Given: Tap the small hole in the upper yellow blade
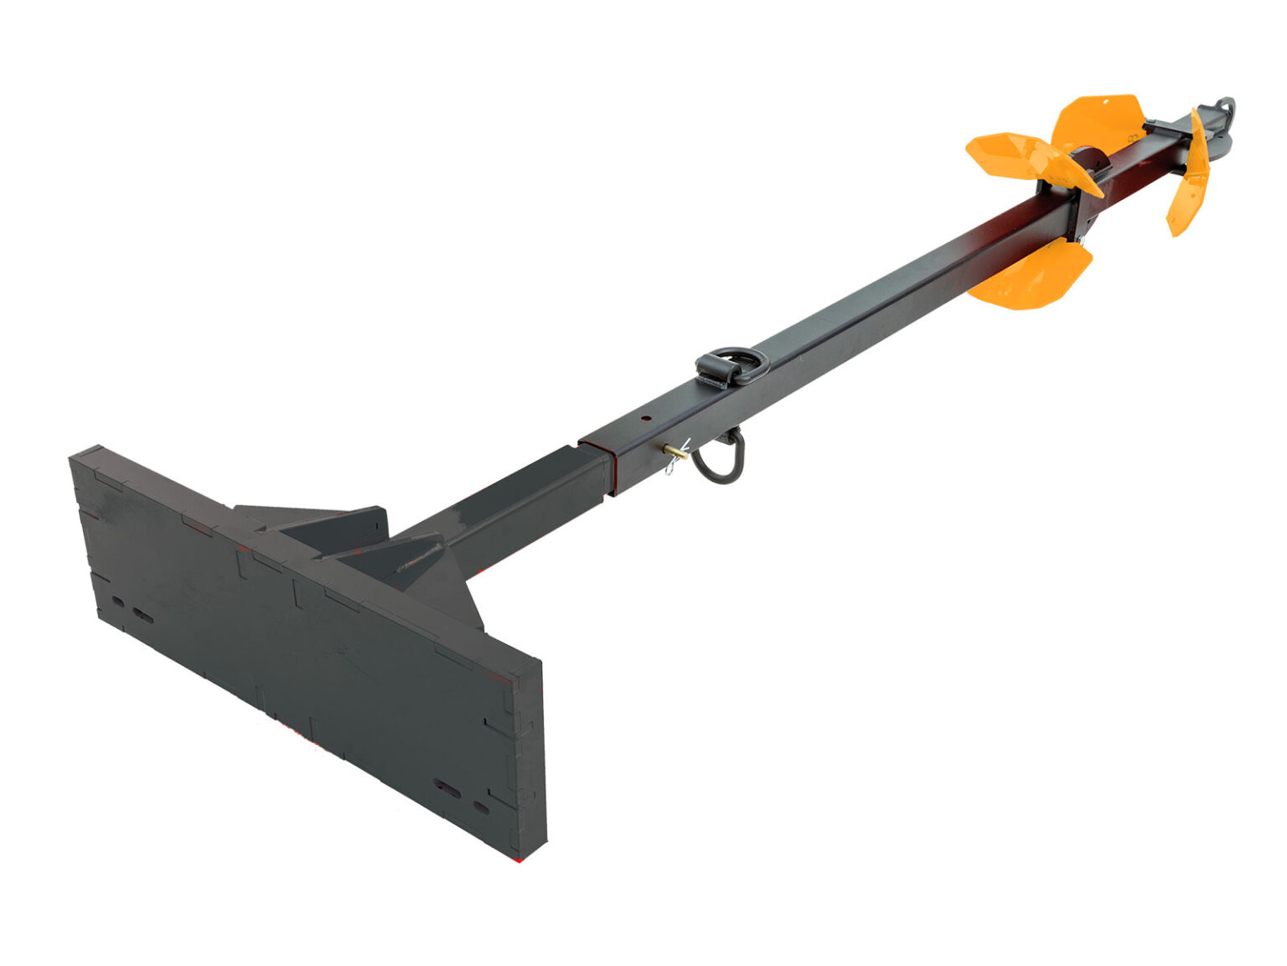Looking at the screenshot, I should coord(1106,101).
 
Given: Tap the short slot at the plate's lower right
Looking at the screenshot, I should coord(481,808).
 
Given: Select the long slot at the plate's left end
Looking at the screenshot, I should coord(142,617).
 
